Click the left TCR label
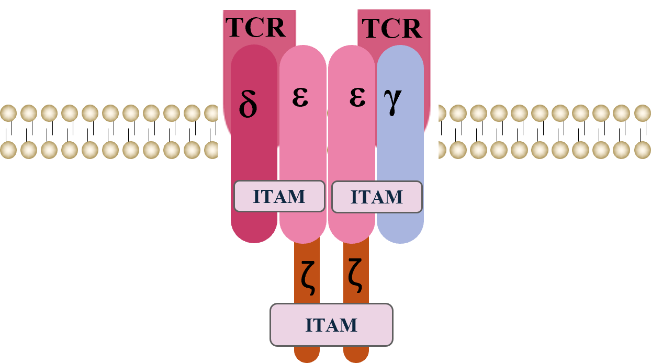pyautogui.click(x=255, y=27)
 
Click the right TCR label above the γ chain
pyautogui.click(x=392, y=28)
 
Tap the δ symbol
pyautogui.click(x=248, y=104)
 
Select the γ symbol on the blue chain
pyautogui.click(x=392, y=101)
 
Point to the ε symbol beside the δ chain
pyautogui.click(x=300, y=97)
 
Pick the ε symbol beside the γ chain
pyautogui.click(x=357, y=97)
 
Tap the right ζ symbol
pyautogui.click(x=355, y=275)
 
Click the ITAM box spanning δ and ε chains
pyautogui.click(x=279, y=196)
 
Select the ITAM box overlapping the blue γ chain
pyautogui.click(x=377, y=197)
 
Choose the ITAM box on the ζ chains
pyautogui.click(x=331, y=325)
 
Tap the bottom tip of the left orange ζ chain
pyautogui.click(x=307, y=362)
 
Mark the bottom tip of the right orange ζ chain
pyautogui.click(x=356, y=362)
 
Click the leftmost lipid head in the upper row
pyautogui.click(x=8, y=113)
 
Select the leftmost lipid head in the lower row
pyautogui.click(x=8, y=150)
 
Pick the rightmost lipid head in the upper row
pyautogui.click(x=643, y=113)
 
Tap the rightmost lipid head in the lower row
pyautogui.click(x=643, y=150)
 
